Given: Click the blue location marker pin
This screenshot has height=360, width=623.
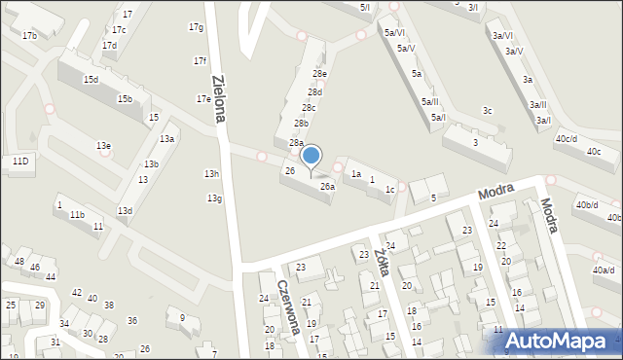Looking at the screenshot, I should tap(311, 156).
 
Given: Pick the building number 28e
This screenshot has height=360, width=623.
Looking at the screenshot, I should tap(319, 74).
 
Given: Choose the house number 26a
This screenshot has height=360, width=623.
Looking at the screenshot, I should tap(328, 186).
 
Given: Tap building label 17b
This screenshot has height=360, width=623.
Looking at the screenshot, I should tap(29, 36).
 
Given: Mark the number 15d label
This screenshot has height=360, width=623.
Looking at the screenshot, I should tap(91, 80).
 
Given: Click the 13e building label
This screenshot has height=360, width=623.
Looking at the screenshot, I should tap(103, 146).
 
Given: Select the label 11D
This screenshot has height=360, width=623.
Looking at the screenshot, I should tap(19, 161).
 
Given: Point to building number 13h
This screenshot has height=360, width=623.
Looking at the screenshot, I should tap(211, 174).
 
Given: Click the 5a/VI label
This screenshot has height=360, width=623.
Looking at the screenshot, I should tap(394, 33).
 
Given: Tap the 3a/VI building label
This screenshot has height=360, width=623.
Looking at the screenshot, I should tap(502, 36).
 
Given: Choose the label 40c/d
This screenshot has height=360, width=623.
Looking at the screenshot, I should tap(567, 139).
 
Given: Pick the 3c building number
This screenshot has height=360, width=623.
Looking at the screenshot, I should tap(488, 111).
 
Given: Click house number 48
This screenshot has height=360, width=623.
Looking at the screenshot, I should tap(18, 262).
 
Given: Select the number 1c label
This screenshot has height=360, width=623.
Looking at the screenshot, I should tap(389, 190).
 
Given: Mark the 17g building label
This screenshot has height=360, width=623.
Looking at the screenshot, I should tap(196, 27).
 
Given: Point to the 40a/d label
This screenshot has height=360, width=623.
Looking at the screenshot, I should tap(604, 270).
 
